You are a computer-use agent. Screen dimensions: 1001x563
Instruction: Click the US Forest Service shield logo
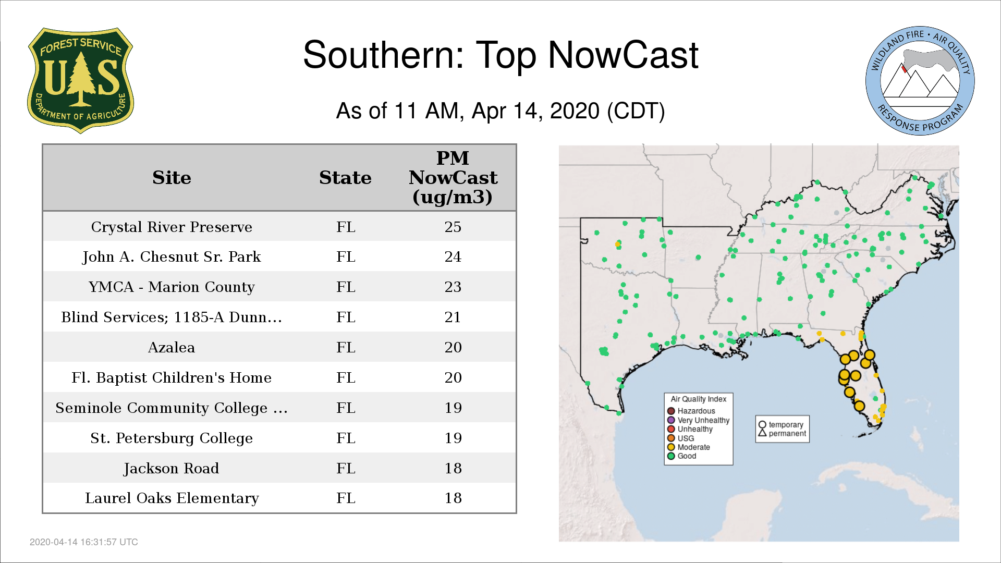80,81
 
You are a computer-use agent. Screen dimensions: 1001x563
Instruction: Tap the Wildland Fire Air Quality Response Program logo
920,81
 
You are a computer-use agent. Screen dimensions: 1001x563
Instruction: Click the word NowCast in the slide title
623,55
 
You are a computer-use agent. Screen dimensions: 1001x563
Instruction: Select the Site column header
172,178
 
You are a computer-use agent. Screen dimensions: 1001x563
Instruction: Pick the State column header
345,178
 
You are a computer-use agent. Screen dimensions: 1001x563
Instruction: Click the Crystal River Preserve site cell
172,227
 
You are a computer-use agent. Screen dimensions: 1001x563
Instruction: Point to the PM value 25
453,227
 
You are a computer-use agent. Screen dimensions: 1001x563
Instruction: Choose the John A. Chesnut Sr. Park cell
172,256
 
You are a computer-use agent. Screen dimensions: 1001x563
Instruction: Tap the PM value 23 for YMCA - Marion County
453,287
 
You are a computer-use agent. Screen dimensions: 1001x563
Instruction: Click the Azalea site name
172,347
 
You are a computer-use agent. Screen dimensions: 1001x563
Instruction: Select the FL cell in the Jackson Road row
346,468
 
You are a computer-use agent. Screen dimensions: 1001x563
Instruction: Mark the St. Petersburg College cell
172,438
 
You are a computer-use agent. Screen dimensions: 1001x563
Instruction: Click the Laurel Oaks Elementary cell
172,498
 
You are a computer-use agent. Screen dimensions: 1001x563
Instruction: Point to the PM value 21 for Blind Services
453,317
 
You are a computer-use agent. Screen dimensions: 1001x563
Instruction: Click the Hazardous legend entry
691,411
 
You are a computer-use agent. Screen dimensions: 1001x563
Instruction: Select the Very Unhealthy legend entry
698,420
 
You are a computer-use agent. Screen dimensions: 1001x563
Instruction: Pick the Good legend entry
682,456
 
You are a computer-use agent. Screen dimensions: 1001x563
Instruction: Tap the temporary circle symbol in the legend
762,425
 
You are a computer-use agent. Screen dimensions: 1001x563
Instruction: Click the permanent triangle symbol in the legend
762,433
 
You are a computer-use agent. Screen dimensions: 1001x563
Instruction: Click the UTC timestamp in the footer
84,542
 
